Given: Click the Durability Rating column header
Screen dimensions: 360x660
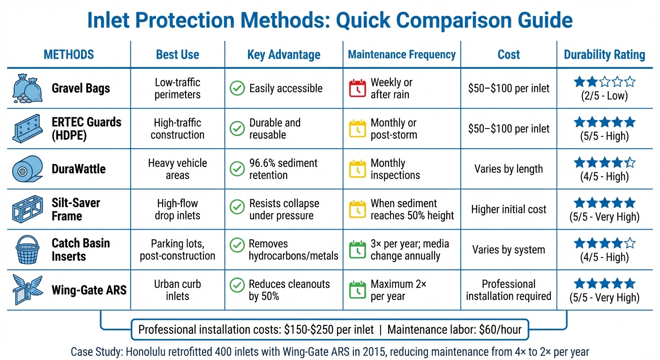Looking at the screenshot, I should [604, 55].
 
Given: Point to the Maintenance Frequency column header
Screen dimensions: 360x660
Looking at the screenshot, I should [402, 54].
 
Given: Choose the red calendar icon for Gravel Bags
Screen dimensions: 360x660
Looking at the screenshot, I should [358, 88].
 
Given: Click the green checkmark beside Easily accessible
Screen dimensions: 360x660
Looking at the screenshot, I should [237, 88].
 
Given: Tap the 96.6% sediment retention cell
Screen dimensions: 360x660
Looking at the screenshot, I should [283, 169].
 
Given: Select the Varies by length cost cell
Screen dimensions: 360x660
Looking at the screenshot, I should [509, 169].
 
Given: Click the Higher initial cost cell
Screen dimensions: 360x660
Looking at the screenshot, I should [509, 210].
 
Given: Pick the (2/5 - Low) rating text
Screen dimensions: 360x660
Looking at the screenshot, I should [604, 96].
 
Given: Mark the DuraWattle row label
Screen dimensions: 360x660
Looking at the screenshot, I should [79, 169].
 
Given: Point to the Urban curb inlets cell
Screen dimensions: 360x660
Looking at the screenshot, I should [177, 290].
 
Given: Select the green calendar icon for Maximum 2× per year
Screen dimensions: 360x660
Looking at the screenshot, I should [358, 290].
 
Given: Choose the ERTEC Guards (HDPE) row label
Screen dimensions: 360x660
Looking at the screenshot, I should [86, 129].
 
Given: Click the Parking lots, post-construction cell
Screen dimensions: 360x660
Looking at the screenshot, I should [177, 250].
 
